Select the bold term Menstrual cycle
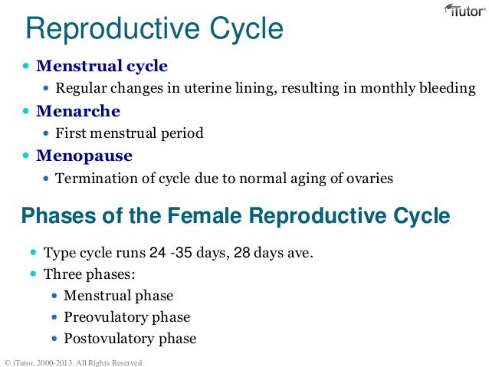click(x=101, y=66)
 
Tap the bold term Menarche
click(x=78, y=111)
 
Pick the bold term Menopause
click(x=84, y=156)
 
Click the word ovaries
click(x=369, y=179)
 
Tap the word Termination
click(x=95, y=179)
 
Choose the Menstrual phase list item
click(x=118, y=295)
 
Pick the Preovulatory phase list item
click(x=126, y=316)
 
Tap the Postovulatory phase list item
click(x=130, y=338)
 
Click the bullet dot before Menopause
click(x=26, y=156)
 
